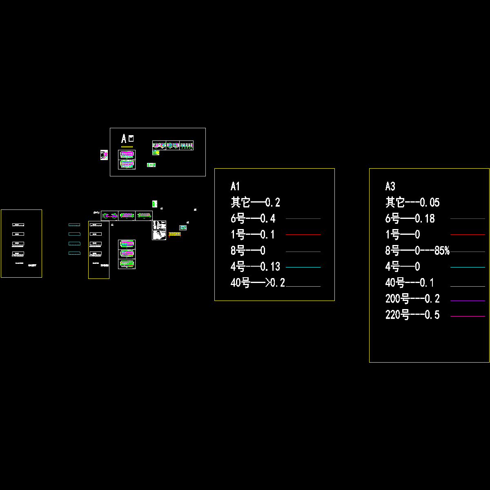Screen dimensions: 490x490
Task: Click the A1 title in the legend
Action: tap(235, 187)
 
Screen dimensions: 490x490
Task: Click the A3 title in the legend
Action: tap(390, 187)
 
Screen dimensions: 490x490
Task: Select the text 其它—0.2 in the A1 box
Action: tap(255, 203)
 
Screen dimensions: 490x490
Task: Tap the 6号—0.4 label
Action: tap(253, 219)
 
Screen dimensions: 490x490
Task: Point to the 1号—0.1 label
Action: tap(252, 235)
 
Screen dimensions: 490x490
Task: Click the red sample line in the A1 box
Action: tap(303, 235)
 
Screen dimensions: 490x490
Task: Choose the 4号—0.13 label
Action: tap(255, 267)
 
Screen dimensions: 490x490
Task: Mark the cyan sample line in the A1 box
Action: tap(303, 267)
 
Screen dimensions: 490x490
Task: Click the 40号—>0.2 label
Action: tap(258, 283)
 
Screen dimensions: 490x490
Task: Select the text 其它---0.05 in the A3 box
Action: tap(412, 203)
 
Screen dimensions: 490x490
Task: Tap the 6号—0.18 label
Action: tap(410, 219)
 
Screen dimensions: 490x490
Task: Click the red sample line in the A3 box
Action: tap(468, 235)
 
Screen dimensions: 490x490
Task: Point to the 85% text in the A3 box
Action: tap(442, 251)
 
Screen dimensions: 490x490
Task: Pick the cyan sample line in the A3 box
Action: tap(468, 267)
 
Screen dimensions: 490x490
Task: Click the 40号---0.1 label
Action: tap(410, 283)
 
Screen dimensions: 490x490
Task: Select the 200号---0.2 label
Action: tap(412, 299)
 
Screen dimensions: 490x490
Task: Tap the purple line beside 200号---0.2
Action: tap(468, 301)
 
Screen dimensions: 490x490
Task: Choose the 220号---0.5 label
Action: tap(412, 315)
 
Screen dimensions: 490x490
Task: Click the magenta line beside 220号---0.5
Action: tap(468, 316)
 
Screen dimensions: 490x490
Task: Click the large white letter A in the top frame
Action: tap(124, 139)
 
